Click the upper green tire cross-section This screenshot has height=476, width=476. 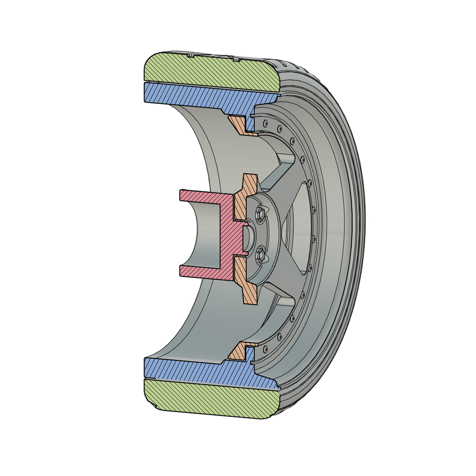(x=209, y=71)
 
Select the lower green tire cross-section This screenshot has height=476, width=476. (x=209, y=400)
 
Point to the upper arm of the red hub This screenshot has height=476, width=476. (x=200, y=196)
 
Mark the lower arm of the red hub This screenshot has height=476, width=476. (x=200, y=271)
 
